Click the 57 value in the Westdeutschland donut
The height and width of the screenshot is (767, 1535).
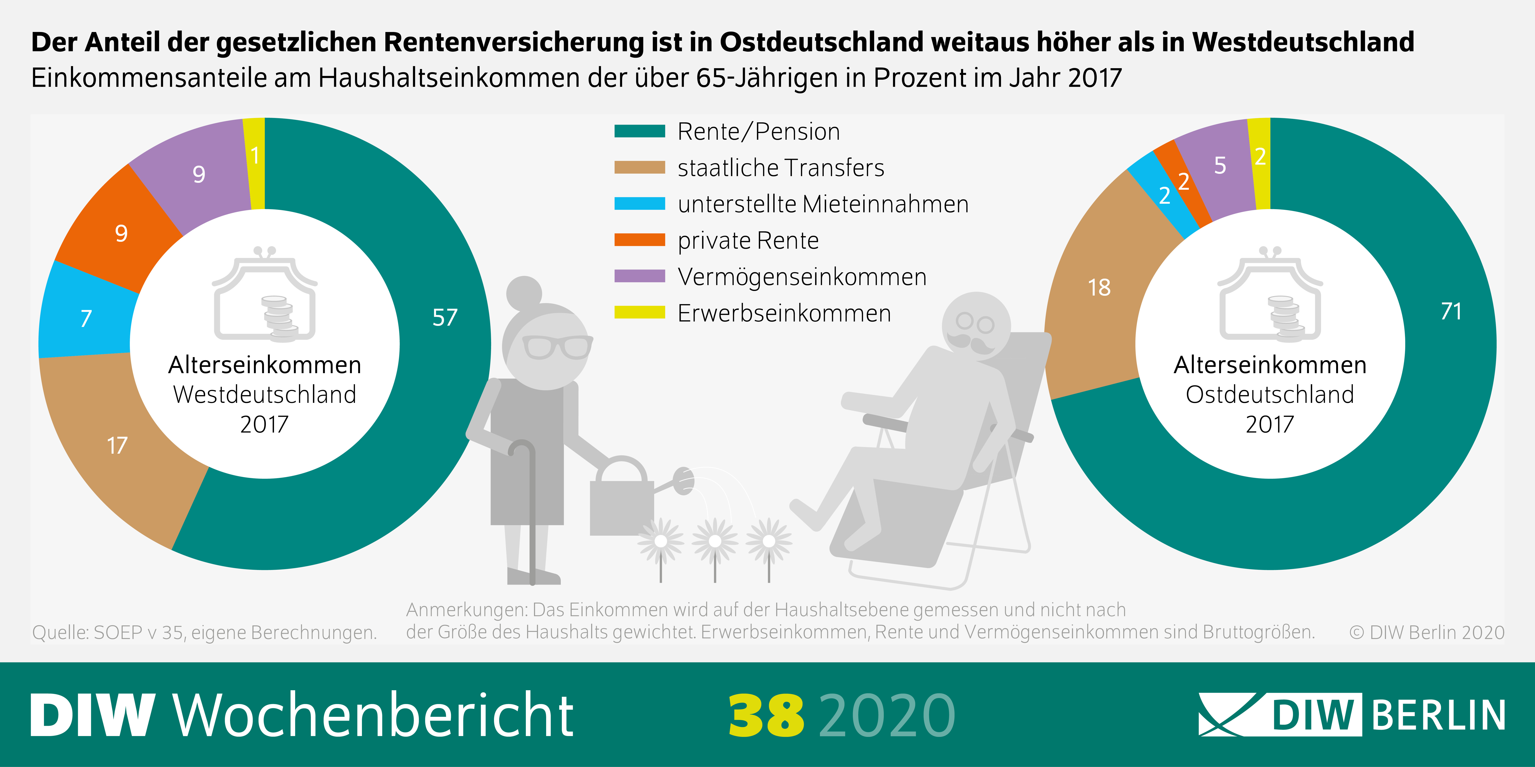(445, 317)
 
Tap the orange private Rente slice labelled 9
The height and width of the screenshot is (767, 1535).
(121, 233)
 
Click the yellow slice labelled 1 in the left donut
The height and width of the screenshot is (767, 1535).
(255, 156)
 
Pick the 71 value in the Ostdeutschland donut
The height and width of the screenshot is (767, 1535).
(1451, 311)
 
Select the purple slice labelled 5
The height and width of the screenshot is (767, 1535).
(1220, 165)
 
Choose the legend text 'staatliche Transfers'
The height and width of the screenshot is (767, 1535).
(781, 168)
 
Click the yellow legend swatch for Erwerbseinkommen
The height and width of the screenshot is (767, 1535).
(639, 313)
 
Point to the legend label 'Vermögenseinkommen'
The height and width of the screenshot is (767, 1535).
(802, 277)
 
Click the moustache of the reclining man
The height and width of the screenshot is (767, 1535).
(970, 342)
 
